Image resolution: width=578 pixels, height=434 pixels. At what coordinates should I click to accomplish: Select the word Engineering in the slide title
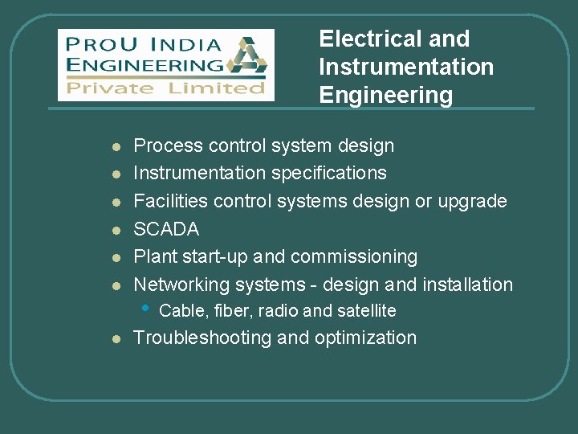click(385, 95)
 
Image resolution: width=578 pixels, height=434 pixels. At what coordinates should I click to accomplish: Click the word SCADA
click(166, 229)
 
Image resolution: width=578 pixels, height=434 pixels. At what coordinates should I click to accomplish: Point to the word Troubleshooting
click(201, 338)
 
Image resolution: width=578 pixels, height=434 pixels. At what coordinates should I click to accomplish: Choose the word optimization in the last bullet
click(365, 338)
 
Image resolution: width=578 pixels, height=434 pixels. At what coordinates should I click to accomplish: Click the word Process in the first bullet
click(168, 145)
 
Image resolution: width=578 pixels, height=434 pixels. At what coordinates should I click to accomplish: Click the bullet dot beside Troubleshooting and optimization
click(116, 339)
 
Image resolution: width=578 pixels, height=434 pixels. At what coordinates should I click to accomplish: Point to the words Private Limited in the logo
click(165, 88)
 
